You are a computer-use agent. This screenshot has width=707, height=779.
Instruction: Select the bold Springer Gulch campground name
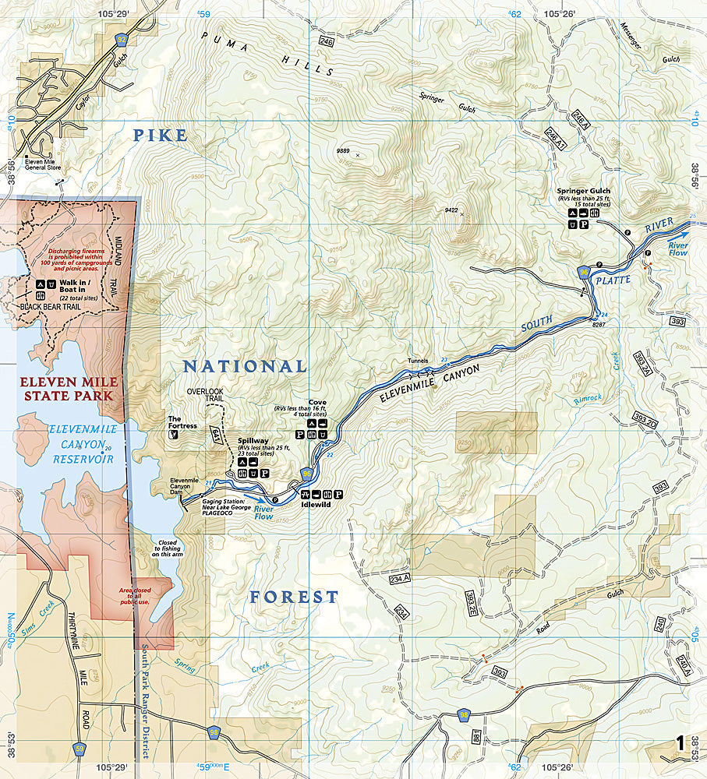(x=583, y=190)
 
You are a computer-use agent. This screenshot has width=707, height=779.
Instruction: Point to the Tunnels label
(x=419, y=361)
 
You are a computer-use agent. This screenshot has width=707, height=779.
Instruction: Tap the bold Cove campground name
(x=317, y=403)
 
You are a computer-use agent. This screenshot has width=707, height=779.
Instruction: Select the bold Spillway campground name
(x=252, y=440)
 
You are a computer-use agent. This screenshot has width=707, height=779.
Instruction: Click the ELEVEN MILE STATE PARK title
(x=69, y=389)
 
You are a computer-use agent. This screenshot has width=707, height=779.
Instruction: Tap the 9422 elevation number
(x=451, y=209)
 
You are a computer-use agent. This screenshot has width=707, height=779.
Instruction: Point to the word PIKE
(x=161, y=136)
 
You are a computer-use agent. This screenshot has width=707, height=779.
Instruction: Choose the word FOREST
(x=294, y=597)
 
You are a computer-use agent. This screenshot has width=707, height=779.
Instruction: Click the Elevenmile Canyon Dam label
(x=185, y=485)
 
